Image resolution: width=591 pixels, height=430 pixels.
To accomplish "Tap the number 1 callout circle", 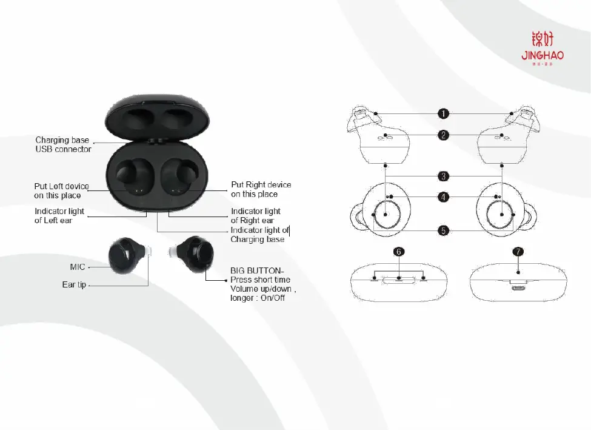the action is pyautogui.click(x=444, y=113).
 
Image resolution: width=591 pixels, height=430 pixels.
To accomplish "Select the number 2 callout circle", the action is pyautogui.click(x=444, y=135).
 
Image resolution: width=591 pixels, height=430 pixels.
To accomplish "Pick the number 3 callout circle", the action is pyautogui.click(x=444, y=176).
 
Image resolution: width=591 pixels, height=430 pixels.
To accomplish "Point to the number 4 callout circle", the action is pyautogui.click(x=444, y=197).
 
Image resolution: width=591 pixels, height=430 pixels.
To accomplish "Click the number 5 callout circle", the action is pyautogui.click(x=444, y=230).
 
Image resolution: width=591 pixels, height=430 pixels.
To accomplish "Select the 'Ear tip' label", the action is pyautogui.click(x=74, y=284).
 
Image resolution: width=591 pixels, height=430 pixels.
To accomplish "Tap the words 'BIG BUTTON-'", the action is pyautogui.click(x=257, y=270).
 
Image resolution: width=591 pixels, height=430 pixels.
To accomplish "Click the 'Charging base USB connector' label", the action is pyautogui.click(x=63, y=144).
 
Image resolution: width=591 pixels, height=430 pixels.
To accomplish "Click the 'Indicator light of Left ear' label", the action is pyautogui.click(x=59, y=216).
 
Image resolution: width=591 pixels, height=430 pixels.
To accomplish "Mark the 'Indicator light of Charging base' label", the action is pyautogui.click(x=259, y=235).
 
